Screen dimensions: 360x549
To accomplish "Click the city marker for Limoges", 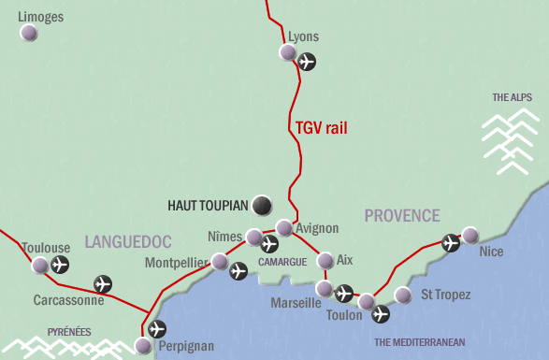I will tap(29, 33).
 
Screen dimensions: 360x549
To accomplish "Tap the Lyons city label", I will tap(304, 36).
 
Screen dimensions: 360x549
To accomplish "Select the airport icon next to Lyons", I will tap(307, 62).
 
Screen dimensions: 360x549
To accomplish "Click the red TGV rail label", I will tap(321, 128).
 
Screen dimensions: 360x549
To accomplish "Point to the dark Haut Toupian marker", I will tap(263, 204).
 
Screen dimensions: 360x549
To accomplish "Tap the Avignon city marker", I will tap(284, 227).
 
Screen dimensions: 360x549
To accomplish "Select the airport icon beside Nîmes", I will tap(269, 245).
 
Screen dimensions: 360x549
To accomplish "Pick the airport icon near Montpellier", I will tap(238, 271).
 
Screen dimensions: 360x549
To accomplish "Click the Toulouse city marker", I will tap(40, 266).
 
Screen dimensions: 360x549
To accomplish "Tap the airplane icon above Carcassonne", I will tap(103, 283).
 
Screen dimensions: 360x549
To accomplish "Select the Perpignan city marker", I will tap(142, 345).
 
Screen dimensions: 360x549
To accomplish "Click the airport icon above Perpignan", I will tap(157, 328).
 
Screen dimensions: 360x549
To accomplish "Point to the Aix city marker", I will tap(325, 260).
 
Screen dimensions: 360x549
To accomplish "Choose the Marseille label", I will tap(296, 303).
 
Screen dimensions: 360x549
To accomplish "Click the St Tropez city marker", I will tap(403, 295).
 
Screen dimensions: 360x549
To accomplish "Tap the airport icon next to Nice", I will tap(451, 243).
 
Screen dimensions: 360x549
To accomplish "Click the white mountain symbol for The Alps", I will tap(511, 141).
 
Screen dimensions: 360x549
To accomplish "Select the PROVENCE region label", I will tap(402, 216).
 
